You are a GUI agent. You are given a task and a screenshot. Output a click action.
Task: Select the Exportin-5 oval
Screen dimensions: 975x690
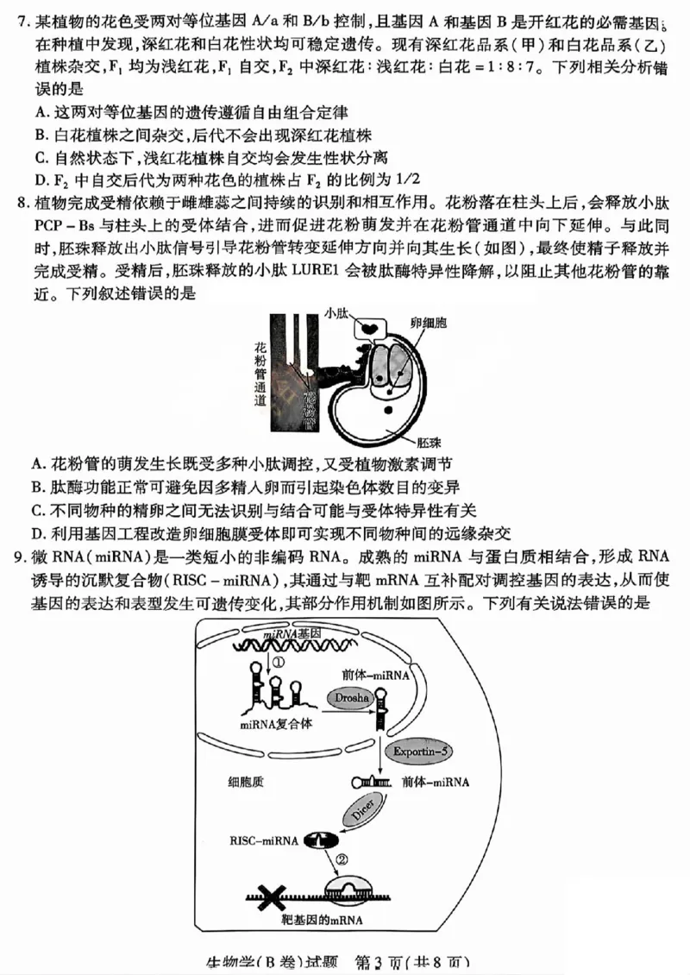pyautogui.click(x=420, y=751)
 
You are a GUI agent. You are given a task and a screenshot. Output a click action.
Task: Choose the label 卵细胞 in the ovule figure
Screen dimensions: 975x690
pyautogui.click(x=430, y=319)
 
